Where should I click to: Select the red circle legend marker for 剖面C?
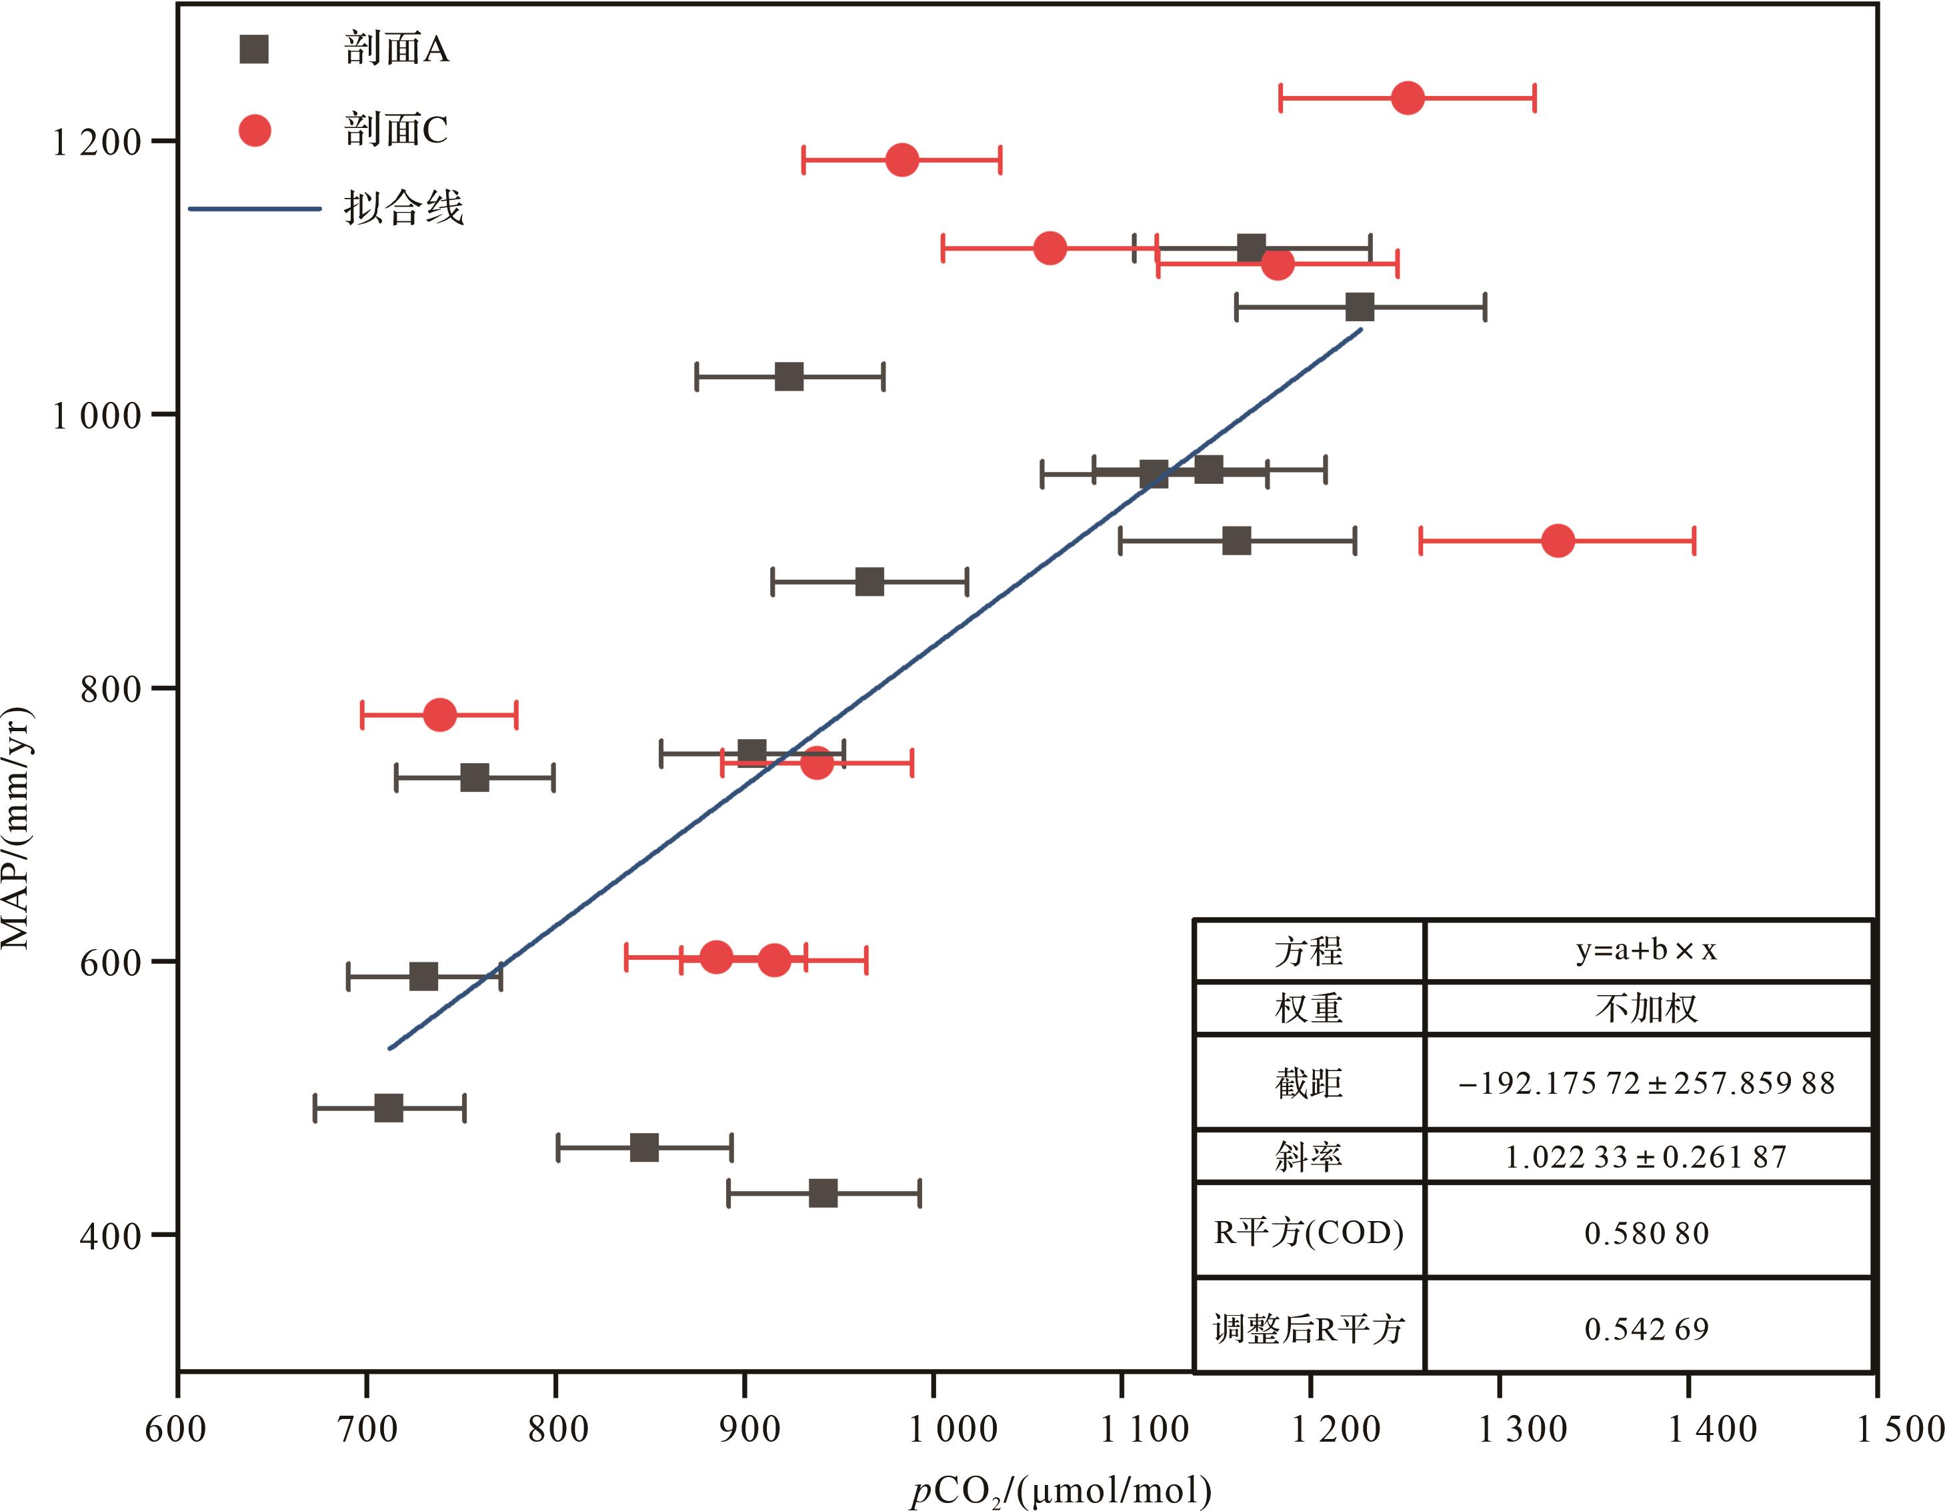click(x=255, y=131)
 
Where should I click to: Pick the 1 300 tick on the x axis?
click(x=1522, y=1429)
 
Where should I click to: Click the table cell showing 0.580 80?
click(x=1647, y=1233)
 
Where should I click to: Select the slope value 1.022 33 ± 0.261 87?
click(x=1647, y=1156)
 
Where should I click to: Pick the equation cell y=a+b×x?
click(x=1647, y=951)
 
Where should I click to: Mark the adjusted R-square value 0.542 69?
click(x=1647, y=1329)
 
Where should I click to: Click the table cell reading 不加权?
click(x=1647, y=1008)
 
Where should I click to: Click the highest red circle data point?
click(x=1407, y=97)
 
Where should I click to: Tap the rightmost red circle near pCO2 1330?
click(x=1558, y=541)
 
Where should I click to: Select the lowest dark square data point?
click(x=823, y=1193)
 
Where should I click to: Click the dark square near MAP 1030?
click(x=789, y=377)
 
